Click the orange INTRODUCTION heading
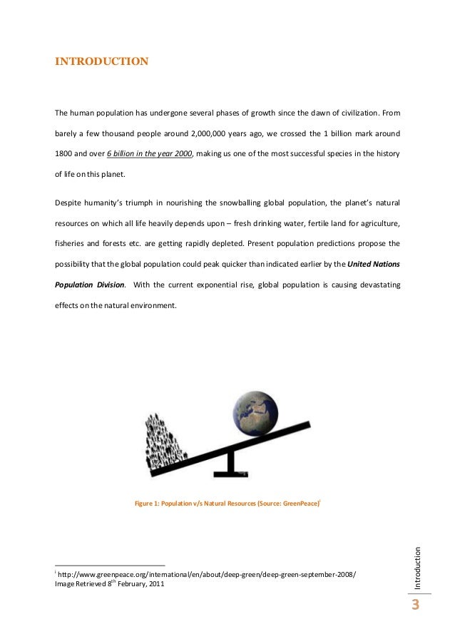[102, 61]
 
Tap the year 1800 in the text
[66, 154]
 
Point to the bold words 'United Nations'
[374, 265]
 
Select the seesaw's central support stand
[230, 464]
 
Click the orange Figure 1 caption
[227, 504]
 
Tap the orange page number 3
[416, 605]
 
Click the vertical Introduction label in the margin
[417, 567]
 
